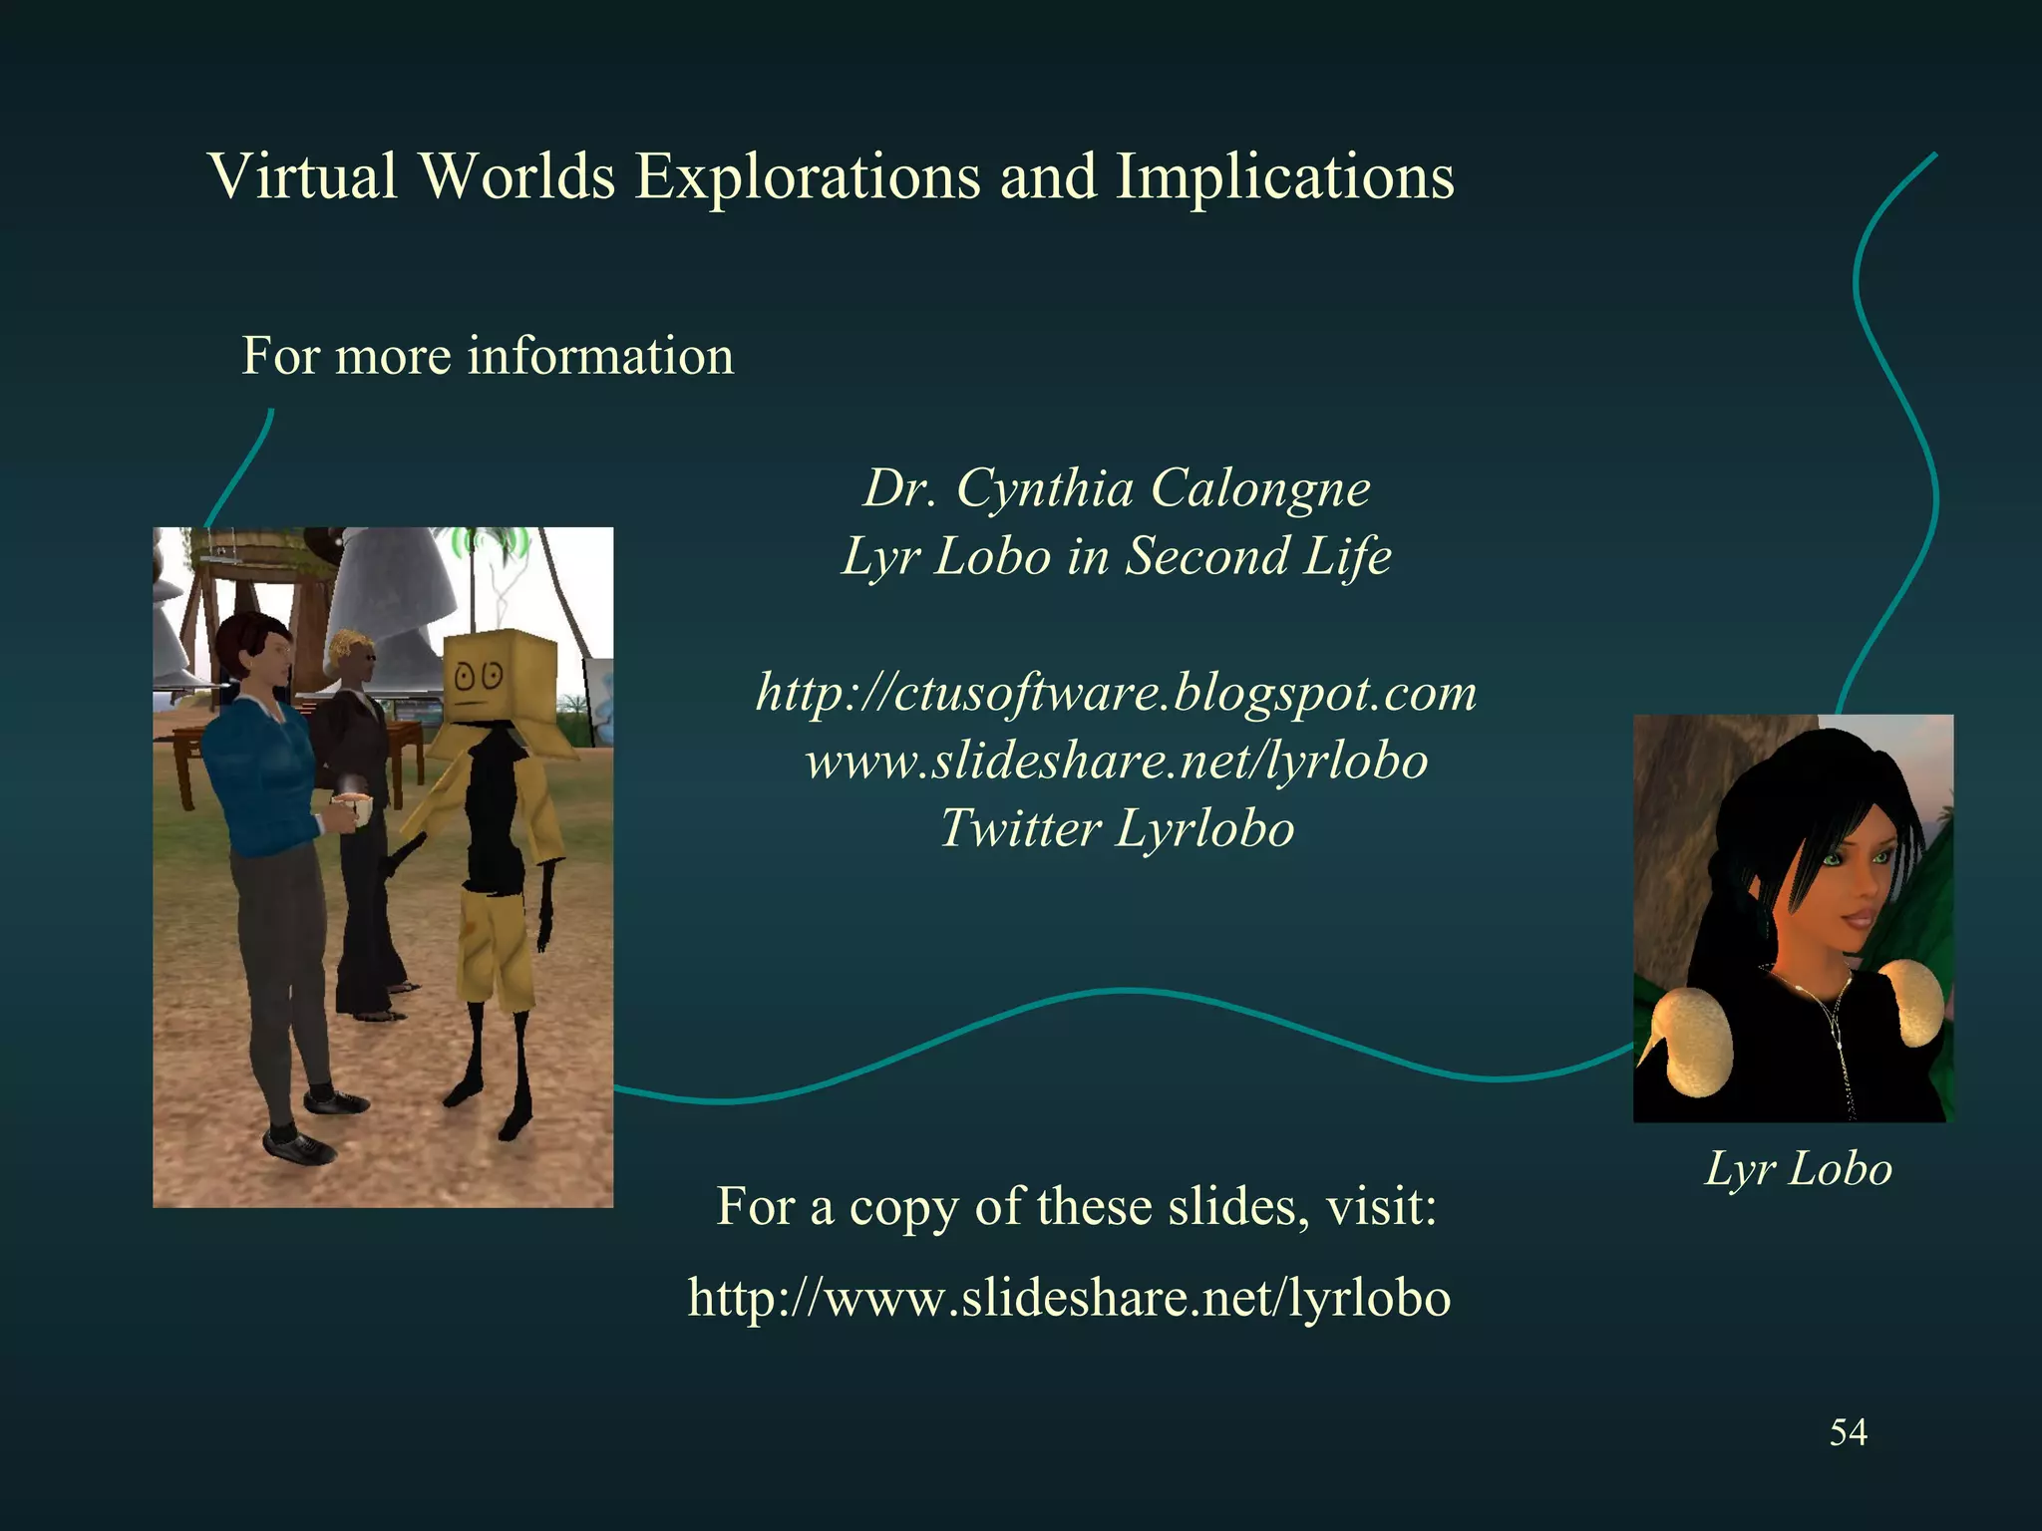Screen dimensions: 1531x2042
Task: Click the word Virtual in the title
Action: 303,176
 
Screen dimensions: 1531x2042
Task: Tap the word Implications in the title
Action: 1284,176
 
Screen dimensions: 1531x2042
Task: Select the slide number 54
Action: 1848,1432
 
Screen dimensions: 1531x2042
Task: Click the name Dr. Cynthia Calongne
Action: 1117,488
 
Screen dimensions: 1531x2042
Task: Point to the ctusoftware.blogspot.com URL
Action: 1117,693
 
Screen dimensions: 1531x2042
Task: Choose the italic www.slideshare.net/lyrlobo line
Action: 1117,762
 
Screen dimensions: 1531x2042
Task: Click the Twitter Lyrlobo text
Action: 1117,829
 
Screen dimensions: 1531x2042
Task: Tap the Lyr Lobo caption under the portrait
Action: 1798,1168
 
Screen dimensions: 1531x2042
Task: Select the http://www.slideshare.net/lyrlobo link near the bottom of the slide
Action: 1069,1298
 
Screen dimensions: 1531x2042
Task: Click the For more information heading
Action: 488,356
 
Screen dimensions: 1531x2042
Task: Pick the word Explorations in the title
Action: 808,176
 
